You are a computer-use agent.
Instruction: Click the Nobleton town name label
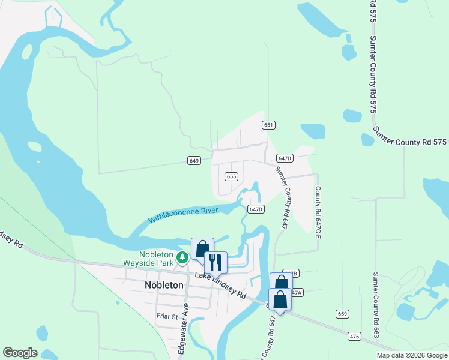pos(164,285)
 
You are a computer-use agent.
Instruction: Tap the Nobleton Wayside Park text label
pos(148,259)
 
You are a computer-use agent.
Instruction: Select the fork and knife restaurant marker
pos(215,262)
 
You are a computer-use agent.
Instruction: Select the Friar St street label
pos(167,316)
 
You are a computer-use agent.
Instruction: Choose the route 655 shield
pos(232,176)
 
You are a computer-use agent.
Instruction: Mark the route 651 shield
pos(268,125)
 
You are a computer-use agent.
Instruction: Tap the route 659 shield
pos(342,314)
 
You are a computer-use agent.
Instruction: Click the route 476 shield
pos(355,337)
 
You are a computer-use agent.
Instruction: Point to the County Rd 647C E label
pos(317,210)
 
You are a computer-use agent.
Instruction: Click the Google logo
pos(20,353)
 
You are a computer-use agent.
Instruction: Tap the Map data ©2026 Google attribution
pos(411,355)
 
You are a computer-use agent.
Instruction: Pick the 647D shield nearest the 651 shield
pos(285,158)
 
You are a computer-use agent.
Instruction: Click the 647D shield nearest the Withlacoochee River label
pos(256,209)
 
